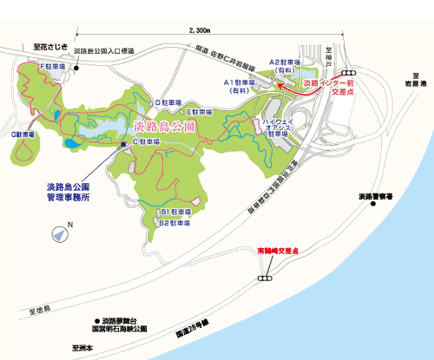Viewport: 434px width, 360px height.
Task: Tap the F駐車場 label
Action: click(54, 66)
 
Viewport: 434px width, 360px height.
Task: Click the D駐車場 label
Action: click(169, 102)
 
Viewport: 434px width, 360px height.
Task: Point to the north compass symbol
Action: click(58, 232)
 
